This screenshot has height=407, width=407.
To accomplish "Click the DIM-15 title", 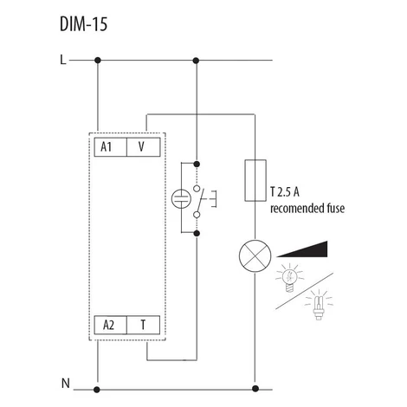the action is point(84,24).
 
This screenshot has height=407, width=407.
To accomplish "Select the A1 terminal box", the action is point(111,147).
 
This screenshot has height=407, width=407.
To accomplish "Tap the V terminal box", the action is point(144,147).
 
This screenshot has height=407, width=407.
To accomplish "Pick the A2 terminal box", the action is point(110,325).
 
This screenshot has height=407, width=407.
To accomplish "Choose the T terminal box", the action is point(143,325).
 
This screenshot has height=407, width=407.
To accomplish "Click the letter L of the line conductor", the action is point(63,60).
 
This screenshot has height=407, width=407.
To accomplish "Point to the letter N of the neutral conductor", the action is point(66,384).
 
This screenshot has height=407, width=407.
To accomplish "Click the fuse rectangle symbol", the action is point(255,180).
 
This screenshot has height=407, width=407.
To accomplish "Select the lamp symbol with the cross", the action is point(255,255).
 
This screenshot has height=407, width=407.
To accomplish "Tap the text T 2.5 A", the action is point(285,192).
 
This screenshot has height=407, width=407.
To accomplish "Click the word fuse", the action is point(335,208).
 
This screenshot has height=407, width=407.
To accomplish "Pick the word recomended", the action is point(297,209).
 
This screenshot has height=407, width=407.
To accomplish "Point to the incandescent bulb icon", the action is point(290,278).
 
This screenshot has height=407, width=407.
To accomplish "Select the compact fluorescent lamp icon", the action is point(319,305).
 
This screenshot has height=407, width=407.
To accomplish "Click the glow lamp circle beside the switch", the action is point(181,198).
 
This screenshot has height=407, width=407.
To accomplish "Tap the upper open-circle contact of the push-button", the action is point(197,189).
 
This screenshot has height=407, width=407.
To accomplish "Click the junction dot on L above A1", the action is point(98,61).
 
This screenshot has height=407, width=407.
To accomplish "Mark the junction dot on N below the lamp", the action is point(255,389).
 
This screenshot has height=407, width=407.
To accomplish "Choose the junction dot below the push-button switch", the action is point(197,233).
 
